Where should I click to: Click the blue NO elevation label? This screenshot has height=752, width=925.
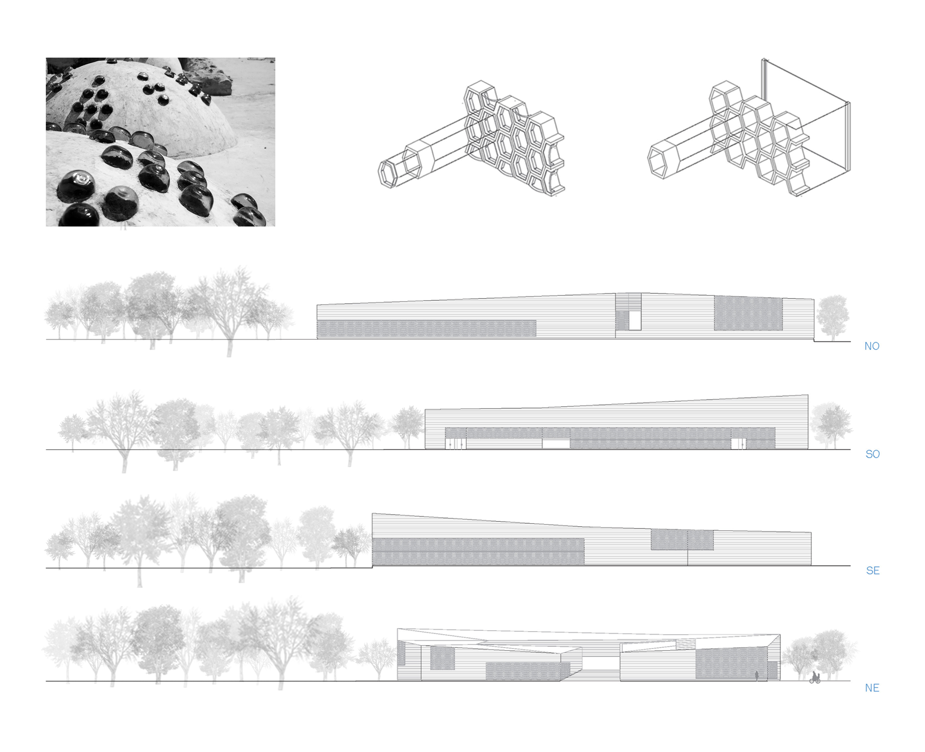click(872, 346)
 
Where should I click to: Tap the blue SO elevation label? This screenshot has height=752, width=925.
click(873, 454)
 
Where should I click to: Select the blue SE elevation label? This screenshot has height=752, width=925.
click(873, 571)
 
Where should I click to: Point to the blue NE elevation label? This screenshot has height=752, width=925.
click(872, 688)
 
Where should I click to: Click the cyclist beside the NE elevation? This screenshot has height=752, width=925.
click(815, 678)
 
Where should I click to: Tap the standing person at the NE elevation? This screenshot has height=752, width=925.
click(757, 676)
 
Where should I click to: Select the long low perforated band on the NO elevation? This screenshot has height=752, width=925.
click(426, 328)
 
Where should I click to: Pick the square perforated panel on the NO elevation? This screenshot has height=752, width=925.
click(748, 313)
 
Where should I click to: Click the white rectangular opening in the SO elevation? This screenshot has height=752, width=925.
click(556, 444)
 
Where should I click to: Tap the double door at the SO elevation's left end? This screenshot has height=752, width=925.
click(456, 444)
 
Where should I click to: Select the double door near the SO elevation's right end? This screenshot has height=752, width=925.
click(739, 444)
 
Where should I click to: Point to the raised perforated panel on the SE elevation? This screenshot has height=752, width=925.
click(682, 540)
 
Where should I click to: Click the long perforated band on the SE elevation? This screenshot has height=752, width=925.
click(478, 551)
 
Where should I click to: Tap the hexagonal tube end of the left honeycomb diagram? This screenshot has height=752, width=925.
click(388, 174)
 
